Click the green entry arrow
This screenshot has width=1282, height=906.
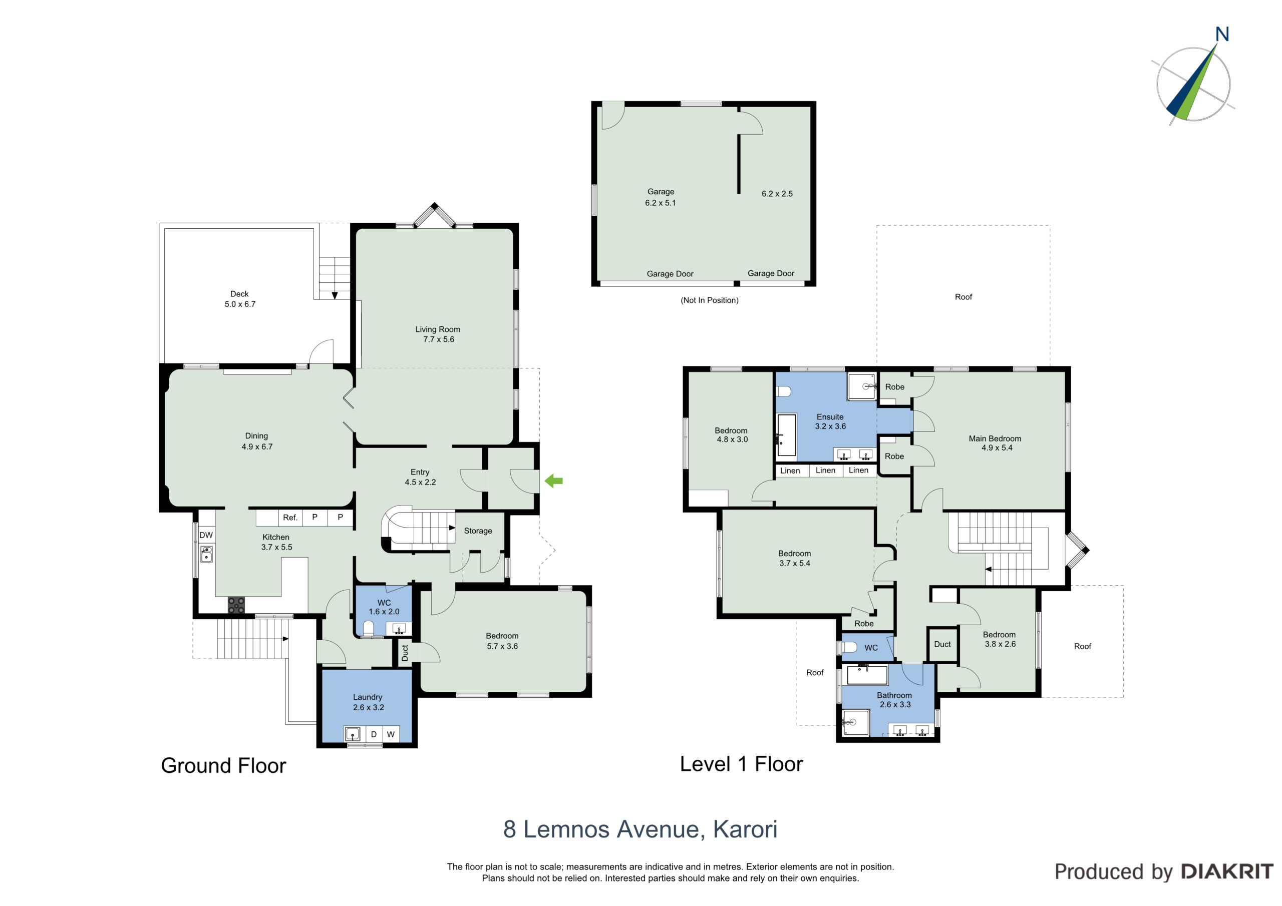click(553, 481)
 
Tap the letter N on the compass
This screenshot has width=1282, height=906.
click(1222, 35)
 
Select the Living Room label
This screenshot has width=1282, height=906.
click(438, 329)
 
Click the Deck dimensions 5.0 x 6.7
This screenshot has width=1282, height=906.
click(240, 304)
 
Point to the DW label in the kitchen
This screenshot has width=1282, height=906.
click(206, 535)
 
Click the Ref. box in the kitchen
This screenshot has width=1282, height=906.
click(290, 518)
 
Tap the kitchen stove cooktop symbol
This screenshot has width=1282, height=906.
click(236, 605)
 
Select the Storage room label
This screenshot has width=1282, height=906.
click(478, 531)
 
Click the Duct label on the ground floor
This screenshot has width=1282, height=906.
click(405, 653)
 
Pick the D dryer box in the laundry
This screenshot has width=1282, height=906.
click(374, 734)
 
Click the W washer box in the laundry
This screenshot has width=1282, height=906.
click(391, 734)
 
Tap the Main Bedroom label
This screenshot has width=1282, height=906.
click(995, 439)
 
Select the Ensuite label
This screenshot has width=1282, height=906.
click(830, 417)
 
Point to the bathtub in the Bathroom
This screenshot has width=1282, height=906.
click(867, 675)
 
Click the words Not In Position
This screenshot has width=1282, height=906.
click(710, 300)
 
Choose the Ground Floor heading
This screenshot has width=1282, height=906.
click(223, 765)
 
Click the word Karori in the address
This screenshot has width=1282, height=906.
click(746, 829)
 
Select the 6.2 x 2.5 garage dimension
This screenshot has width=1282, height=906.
click(777, 194)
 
